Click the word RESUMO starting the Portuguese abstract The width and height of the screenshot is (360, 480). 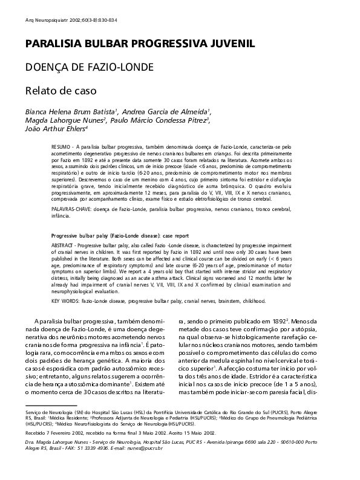pos(61,148)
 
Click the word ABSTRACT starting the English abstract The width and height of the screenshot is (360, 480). pos(63,244)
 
